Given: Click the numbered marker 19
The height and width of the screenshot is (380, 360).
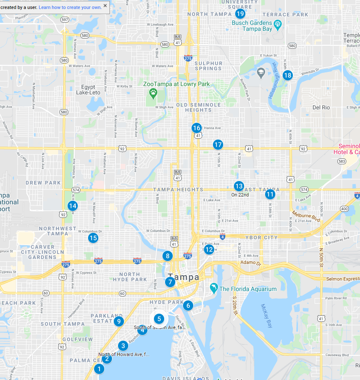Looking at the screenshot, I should tap(240, 13).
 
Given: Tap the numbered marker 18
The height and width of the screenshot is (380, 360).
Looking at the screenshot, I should tap(287, 75).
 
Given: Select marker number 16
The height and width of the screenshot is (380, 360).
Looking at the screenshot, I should tap(196, 128).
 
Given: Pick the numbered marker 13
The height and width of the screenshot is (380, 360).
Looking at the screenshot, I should tap(239, 186).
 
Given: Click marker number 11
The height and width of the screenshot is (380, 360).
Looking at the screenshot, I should tap(270, 194).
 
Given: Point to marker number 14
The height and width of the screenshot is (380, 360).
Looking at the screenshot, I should tap(73, 205).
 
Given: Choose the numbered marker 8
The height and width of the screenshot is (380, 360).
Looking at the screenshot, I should tap(167, 256).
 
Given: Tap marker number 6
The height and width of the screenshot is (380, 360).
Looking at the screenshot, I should tap(187, 305).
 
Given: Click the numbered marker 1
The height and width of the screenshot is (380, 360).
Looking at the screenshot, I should tap(99, 368).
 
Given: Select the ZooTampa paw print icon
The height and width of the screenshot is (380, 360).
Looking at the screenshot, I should tap(153, 92).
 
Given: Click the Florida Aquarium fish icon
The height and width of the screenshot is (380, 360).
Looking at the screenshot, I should tap(213, 289).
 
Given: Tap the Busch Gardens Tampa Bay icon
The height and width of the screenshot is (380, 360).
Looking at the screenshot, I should tap(277, 24).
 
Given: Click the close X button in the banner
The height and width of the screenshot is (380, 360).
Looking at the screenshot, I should tap(105, 6).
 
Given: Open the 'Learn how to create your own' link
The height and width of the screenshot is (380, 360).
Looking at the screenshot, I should tap(70, 7).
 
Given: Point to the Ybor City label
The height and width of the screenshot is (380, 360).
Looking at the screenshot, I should tap(261, 237).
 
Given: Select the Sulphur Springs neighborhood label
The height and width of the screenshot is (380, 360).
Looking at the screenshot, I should tap(209, 65).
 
